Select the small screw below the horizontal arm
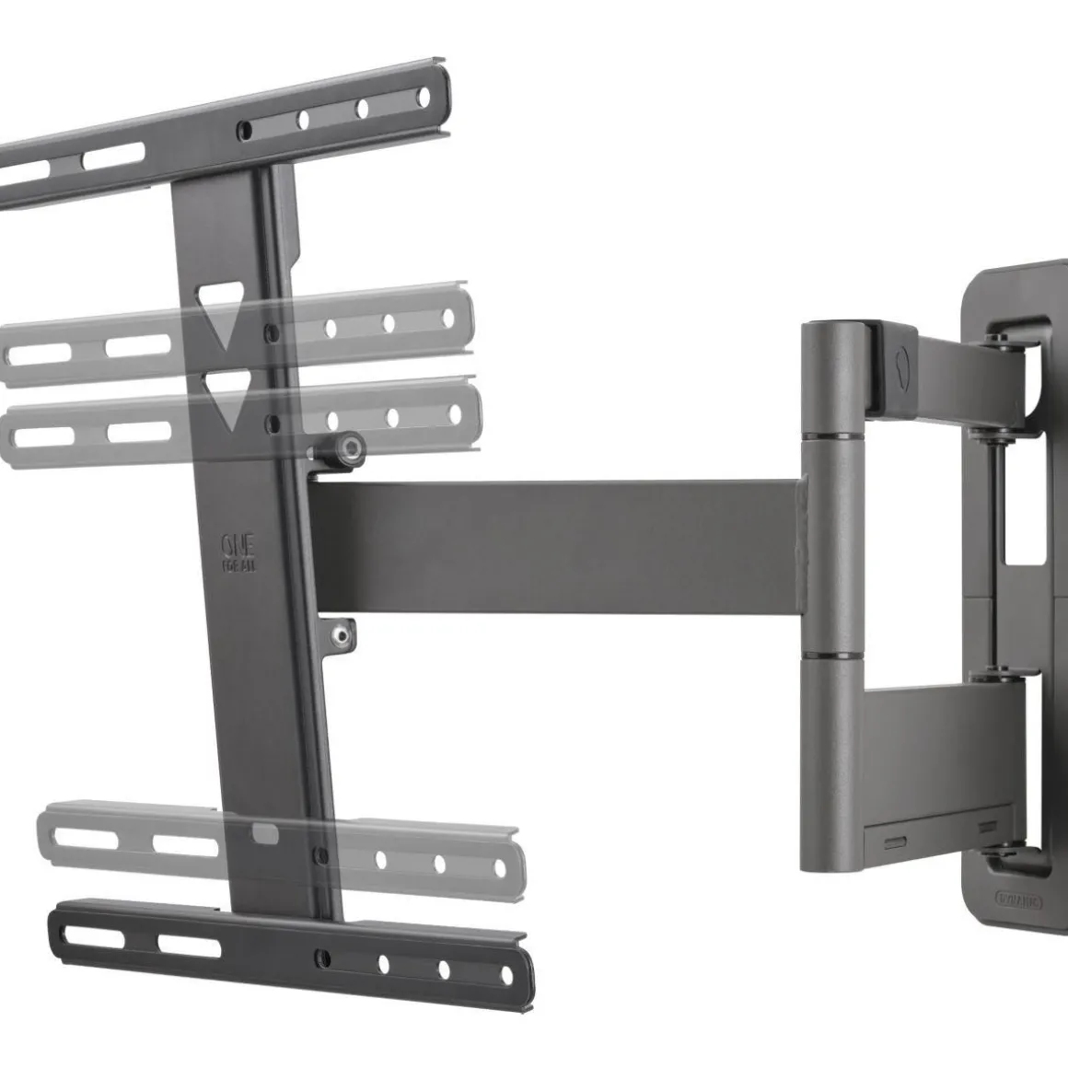pyautogui.click(x=343, y=633)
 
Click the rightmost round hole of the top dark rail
pyautogui.click(x=424, y=96)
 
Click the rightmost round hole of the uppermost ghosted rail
pyautogui.click(x=448, y=319)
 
